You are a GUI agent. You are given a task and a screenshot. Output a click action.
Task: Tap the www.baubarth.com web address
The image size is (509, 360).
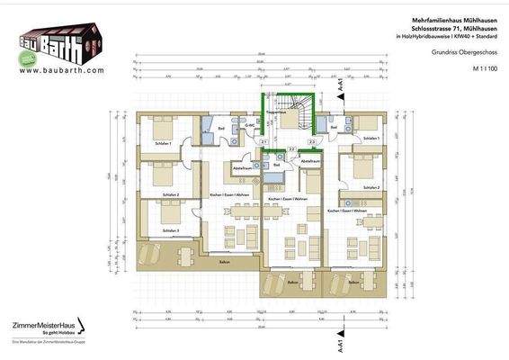[x=59, y=69]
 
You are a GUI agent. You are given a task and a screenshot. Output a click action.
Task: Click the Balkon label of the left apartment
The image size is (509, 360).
[x=224, y=262]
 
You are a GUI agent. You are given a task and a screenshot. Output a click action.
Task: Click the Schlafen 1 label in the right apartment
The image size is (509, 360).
[x=371, y=138]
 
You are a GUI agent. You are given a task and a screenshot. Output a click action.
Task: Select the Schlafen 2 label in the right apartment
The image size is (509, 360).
[x=371, y=187]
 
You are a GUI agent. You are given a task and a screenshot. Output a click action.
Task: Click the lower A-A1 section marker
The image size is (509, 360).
[x=340, y=346]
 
